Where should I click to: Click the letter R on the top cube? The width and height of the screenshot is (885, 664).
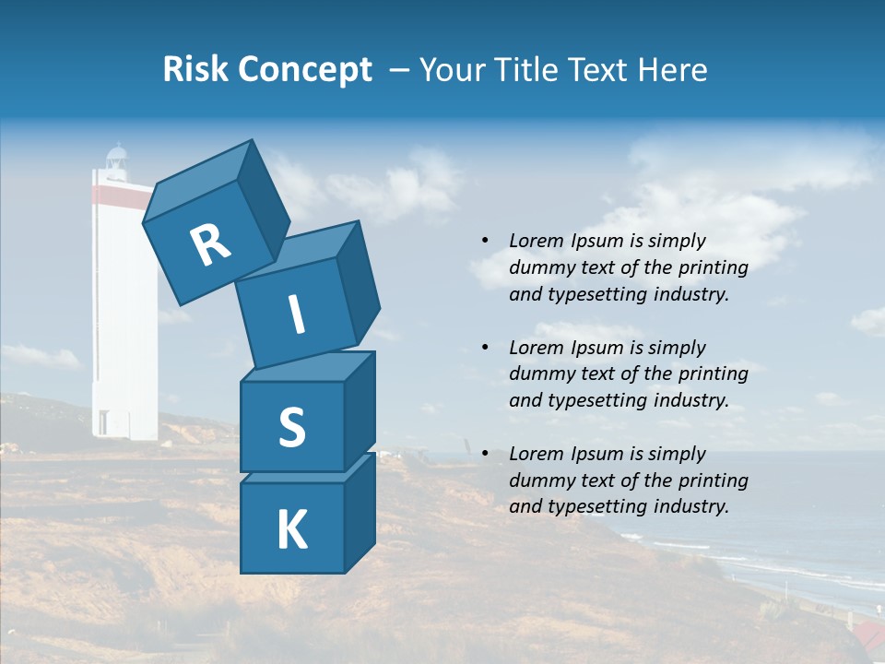(210, 245)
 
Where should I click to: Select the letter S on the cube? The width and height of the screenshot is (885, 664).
(291, 427)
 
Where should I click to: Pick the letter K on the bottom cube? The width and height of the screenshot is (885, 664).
(291, 530)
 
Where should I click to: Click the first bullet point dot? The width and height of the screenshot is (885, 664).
(485, 241)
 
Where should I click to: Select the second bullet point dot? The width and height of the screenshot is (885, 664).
(485, 348)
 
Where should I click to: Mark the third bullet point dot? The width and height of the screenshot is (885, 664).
(485, 454)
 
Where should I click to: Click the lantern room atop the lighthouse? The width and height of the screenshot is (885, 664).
(116, 161)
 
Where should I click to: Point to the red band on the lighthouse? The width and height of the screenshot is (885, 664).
(122, 193)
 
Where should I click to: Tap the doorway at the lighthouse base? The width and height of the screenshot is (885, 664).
(103, 423)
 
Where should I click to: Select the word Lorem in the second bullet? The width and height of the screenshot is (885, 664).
(534, 348)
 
